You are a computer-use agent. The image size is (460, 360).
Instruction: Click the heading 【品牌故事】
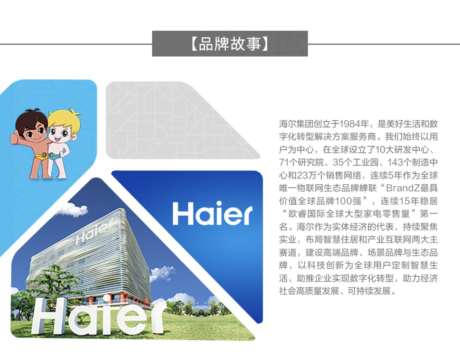click(x=230, y=44)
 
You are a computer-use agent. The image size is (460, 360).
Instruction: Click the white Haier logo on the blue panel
click(x=212, y=213)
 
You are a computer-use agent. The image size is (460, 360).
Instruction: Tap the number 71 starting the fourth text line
click(x=284, y=162)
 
